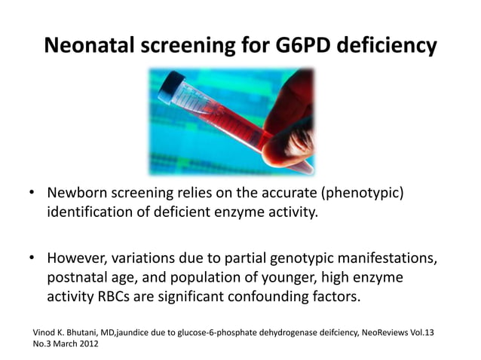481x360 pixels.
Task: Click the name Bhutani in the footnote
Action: (90, 331)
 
